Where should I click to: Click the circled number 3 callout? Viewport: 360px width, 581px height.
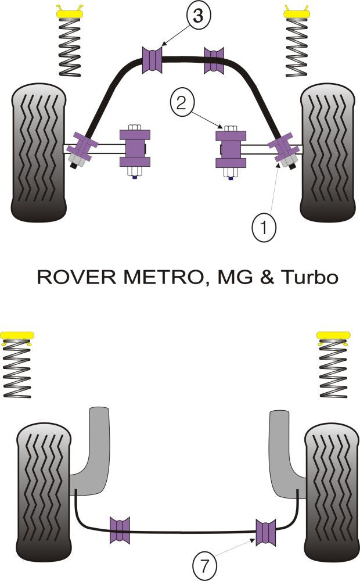click(x=198, y=17)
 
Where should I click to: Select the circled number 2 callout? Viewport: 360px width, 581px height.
click(x=181, y=103)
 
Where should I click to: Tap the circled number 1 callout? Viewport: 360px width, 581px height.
click(x=265, y=228)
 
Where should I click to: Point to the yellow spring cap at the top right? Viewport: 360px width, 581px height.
click(x=298, y=11)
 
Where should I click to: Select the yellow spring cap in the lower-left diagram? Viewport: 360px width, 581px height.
click(x=17, y=336)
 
